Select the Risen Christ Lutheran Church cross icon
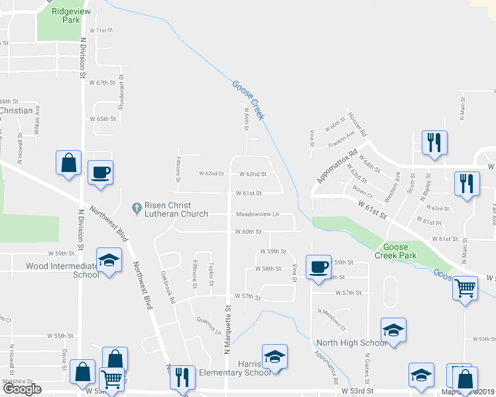pyautogui.click(x=137, y=208)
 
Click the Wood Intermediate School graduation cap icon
pyautogui.click(x=109, y=260)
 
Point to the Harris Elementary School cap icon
pyautogui.click(x=274, y=357)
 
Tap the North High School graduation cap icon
pyautogui.click(x=393, y=330)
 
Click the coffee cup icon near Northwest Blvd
pyautogui.click(x=101, y=173)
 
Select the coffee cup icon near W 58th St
pyautogui.click(x=318, y=267)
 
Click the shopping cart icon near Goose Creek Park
pyautogui.click(x=465, y=288)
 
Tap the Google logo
pyautogui.click(x=21, y=389)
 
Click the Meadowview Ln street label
pyautogui.click(x=257, y=214)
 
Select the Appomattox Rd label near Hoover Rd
pyautogui.click(x=336, y=165)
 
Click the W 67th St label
pyautogui.click(x=103, y=83)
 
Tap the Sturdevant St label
pyautogui.click(x=121, y=93)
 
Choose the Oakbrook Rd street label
pyautogui.click(x=167, y=287)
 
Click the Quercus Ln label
pyautogui.click(x=208, y=325)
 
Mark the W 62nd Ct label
pyautogui.click(x=212, y=174)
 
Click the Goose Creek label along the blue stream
pyautogui.click(x=248, y=100)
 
